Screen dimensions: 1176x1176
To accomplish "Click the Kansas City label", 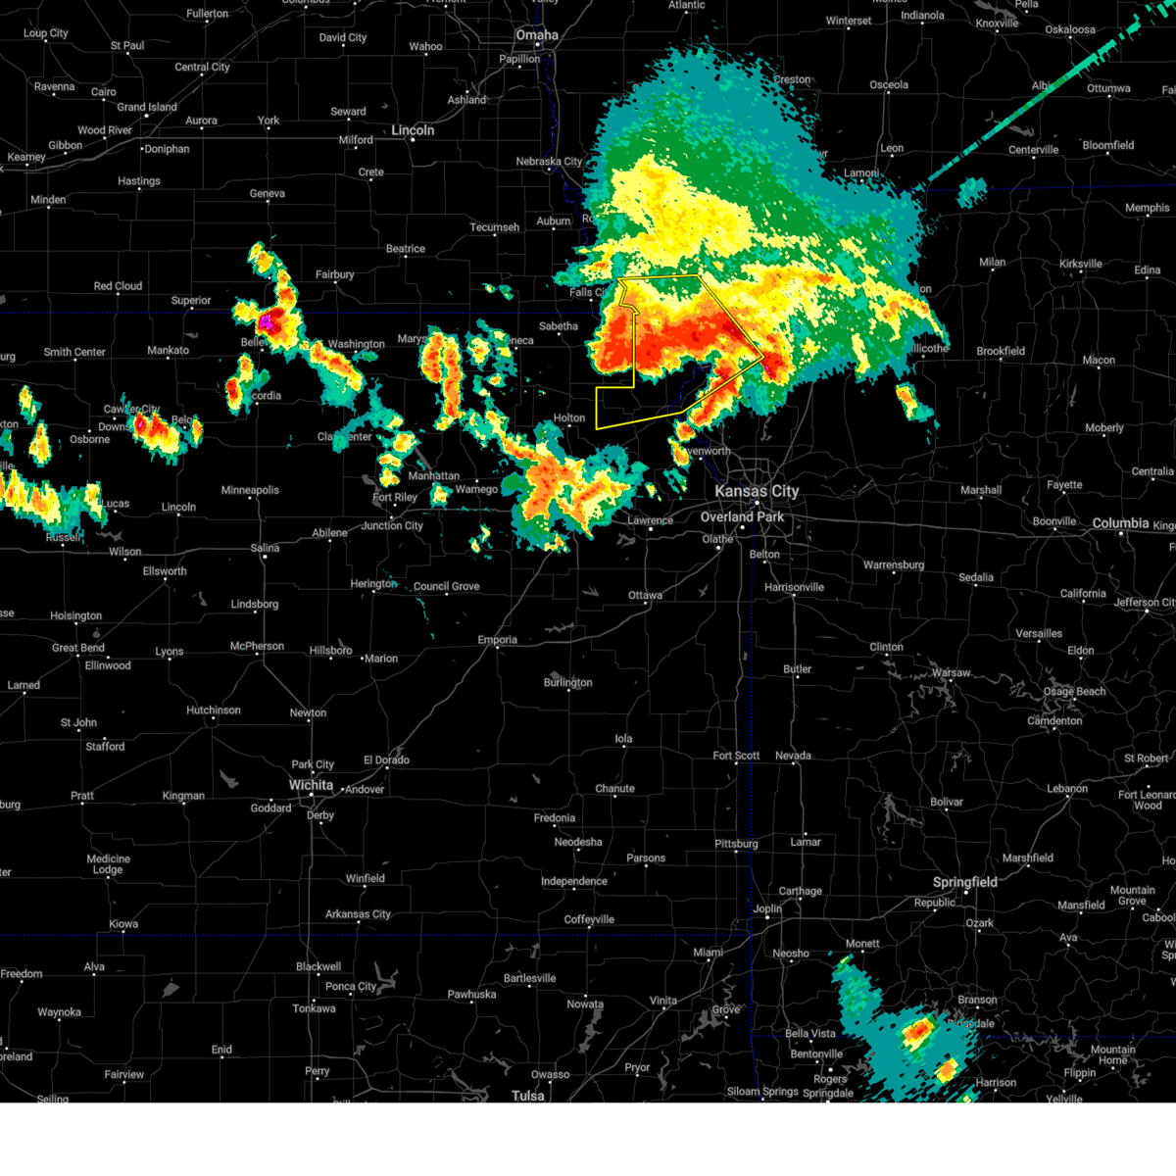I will coord(757,491).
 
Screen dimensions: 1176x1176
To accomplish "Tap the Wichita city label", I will coord(311,785).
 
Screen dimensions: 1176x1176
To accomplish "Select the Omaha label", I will coord(537,35).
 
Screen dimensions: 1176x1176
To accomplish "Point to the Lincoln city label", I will coord(413,130).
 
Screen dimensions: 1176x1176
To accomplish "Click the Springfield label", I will coord(964,882).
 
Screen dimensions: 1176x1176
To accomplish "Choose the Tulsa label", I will coord(528,1095).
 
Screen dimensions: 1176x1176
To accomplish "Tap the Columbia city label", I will coord(1120,523).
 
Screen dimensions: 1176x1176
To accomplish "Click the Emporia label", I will coord(498,640).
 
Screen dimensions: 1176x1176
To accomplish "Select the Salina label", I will coord(265,548).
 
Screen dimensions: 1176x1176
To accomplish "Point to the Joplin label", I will coord(767,908).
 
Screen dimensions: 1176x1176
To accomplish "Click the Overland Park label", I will coord(742,516).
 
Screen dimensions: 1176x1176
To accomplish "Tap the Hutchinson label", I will coord(213,710).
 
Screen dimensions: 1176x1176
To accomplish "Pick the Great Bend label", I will coord(78,648).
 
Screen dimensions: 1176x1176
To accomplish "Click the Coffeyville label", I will coord(589,919).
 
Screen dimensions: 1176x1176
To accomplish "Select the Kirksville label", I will coord(1081,264).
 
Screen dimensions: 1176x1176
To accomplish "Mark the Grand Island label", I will coord(147,107).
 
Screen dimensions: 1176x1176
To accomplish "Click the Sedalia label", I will coord(976,577).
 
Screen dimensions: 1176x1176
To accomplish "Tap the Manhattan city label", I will coord(434,476).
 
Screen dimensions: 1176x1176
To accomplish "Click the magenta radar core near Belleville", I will coord(265,319).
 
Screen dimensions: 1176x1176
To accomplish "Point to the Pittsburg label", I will coord(736,844).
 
